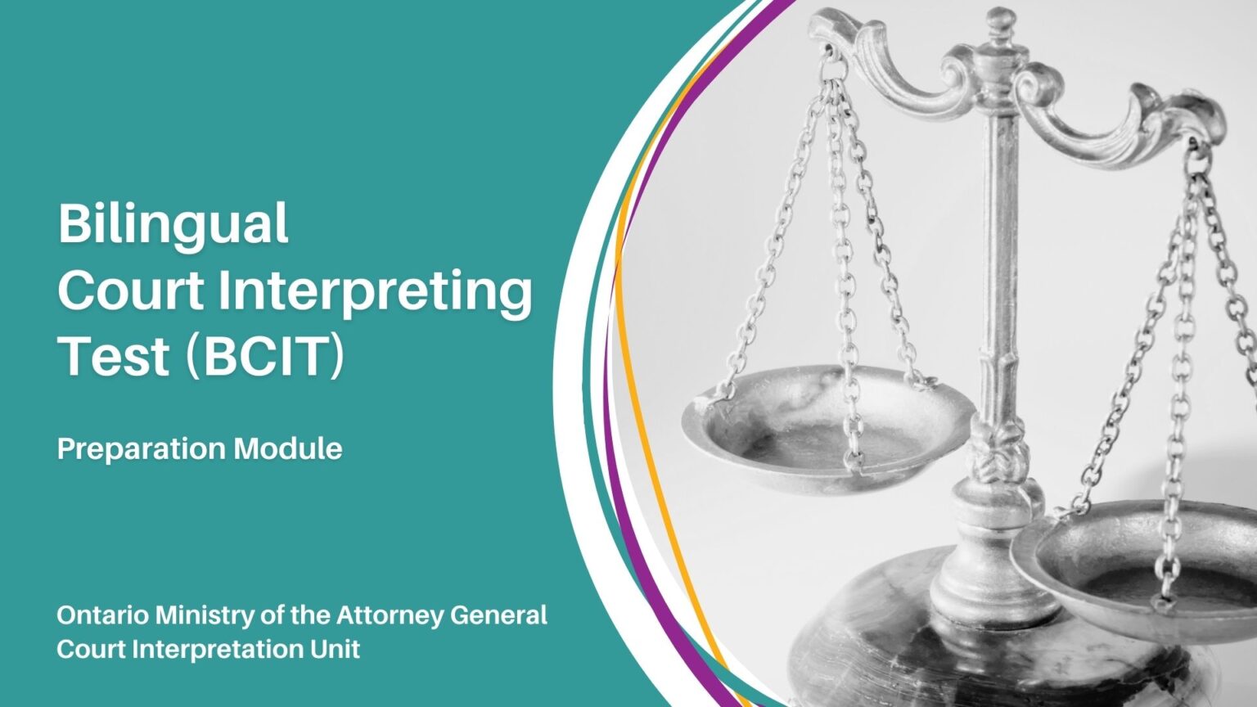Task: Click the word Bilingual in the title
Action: (x=173, y=223)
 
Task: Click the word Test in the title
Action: (x=114, y=358)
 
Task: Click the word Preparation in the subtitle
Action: (x=141, y=449)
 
